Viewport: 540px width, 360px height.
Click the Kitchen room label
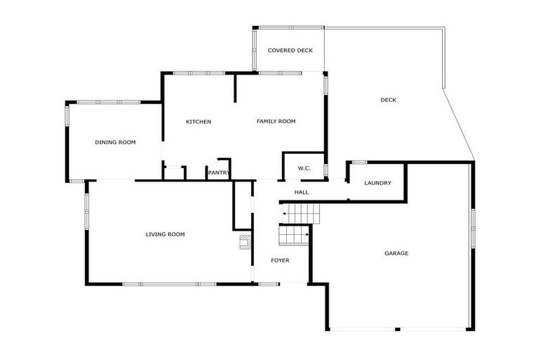click(x=198, y=122)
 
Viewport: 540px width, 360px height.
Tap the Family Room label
click(x=276, y=122)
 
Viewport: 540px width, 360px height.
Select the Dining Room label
click(x=115, y=142)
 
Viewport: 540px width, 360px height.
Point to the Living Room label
click(x=165, y=234)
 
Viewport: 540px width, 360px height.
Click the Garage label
click(x=396, y=253)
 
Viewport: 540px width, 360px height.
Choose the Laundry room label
click(x=378, y=184)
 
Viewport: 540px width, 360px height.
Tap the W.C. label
click(x=304, y=168)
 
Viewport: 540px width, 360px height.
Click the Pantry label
click(x=219, y=173)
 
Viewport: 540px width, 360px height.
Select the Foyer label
click(x=280, y=261)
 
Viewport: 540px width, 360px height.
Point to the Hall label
click(x=301, y=192)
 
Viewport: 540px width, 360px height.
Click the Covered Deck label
click(x=290, y=51)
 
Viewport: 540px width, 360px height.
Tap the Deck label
click(x=388, y=100)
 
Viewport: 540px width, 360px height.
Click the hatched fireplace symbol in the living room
click(x=245, y=243)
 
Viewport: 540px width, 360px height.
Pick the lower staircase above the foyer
click(x=295, y=235)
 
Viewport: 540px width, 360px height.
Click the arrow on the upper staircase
click(x=285, y=212)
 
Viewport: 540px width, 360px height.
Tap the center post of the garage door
click(x=397, y=329)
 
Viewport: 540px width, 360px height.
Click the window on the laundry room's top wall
click(x=359, y=162)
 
